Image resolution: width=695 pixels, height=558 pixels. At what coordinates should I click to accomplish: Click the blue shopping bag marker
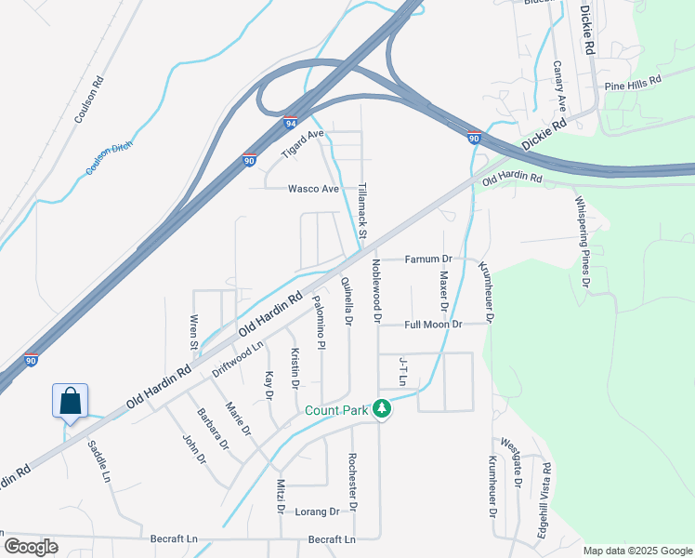coord(70,401)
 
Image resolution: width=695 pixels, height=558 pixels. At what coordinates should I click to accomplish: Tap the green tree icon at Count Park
coord(381,408)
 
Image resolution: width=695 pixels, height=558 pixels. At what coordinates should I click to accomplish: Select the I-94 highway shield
coord(291,122)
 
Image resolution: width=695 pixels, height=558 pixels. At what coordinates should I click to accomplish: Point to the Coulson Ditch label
coord(110,153)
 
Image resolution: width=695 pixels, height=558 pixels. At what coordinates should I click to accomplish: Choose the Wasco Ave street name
coord(313,189)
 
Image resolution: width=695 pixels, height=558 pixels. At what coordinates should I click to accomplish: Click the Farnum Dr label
coord(427,259)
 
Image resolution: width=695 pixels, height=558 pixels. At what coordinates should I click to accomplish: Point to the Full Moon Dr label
coord(433,325)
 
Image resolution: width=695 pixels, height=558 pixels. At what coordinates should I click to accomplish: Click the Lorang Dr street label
coord(318,511)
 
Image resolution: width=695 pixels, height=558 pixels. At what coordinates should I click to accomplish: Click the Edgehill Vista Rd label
coord(545,497)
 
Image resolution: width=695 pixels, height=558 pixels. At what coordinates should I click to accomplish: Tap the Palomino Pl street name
coord(320,323)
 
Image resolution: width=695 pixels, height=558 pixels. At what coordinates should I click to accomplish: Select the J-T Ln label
coord(403,371)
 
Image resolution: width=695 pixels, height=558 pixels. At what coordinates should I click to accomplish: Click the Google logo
coord(30,547)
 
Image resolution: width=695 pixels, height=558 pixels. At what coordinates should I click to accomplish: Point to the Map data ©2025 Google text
coord(636,551)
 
